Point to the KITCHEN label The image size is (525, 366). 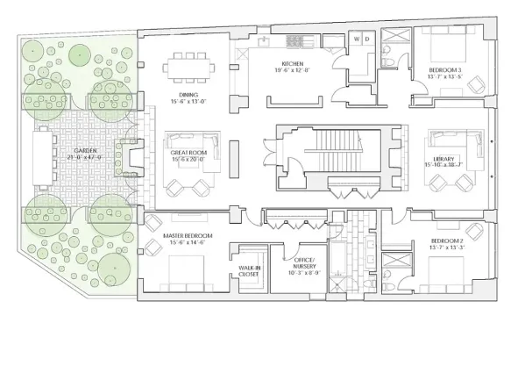[292, 63]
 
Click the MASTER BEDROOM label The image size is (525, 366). [183, 237]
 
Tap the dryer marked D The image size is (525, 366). [367, 39]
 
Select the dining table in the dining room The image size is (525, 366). [190, 63]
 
